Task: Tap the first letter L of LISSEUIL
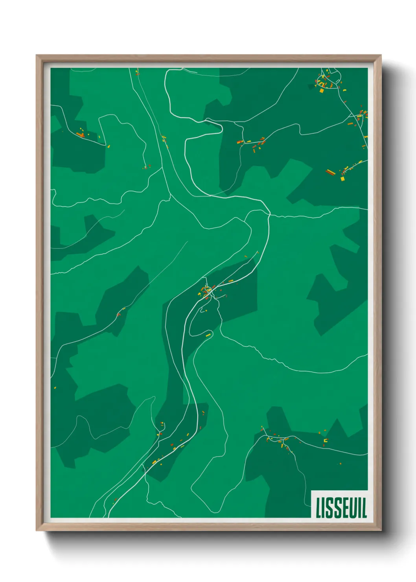[x=318, y=508]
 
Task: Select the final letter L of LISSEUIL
[x=364, y=508]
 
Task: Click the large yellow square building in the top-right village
[x=322, y=90]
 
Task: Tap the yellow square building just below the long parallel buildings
[x=342, y=179]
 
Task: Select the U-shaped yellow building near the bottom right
[x=325, y=441]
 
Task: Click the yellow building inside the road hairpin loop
[x=208, y=335]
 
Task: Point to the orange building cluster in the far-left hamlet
[x=81, y=135]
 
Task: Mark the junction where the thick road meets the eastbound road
[x=269, y=214]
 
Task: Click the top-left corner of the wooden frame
[x=37, y=55]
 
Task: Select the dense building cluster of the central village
[x=207, y=291]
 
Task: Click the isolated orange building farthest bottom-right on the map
[x=341, y=464]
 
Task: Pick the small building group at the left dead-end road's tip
[x=147, y=167]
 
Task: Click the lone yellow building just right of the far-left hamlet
[x=109, y=147]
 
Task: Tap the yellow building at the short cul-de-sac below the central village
[x=205, y=311]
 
